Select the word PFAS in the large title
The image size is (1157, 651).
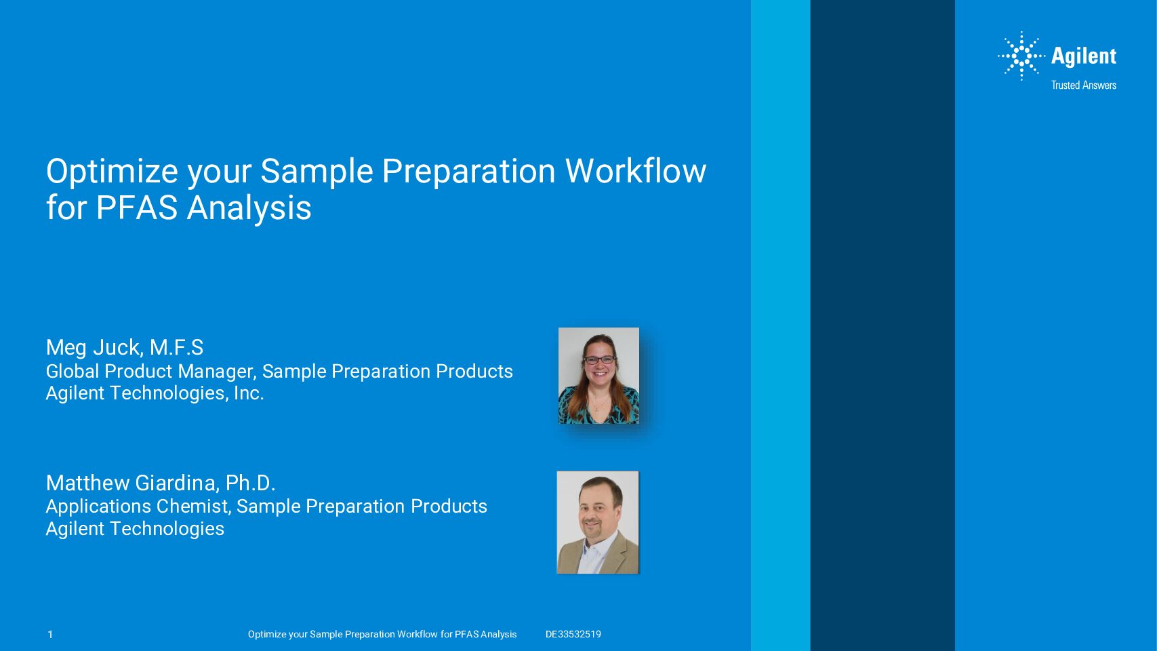point(136,208)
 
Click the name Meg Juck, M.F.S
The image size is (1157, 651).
point(125,347)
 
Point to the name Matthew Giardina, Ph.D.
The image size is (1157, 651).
point(161,483)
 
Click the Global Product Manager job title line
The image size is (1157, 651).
point(279,372)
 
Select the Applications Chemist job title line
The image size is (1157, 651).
point(266,507)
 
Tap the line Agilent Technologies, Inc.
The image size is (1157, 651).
point(155,393)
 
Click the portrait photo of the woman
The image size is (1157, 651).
point(598,376)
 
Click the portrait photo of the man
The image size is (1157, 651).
point(598,522)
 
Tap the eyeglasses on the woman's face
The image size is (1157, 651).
point(599,359)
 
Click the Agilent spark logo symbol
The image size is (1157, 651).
point(1021,56)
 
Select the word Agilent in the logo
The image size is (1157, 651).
point(1084,56)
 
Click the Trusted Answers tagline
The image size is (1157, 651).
point(1084,85)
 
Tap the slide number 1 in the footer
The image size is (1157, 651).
point(50,635)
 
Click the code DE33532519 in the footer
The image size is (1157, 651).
point(573,635)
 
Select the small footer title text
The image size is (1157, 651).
point(382,635)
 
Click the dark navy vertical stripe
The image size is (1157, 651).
point(882,325)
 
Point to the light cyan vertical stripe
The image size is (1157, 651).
point(780,325)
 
